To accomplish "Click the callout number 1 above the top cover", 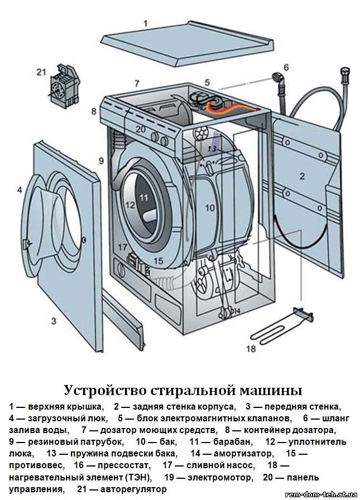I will coord(146,23).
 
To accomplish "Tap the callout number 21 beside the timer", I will coord(41,71).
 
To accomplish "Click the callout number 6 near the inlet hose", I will coord(286,68).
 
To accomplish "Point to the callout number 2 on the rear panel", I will coord(302,176).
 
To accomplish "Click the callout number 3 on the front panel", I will coord(54,321).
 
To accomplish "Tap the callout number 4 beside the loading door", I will coord(19,190).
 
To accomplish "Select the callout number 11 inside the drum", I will coord(144,197).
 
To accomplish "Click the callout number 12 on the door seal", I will coord(129,205).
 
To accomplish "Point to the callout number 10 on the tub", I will coord(209,208).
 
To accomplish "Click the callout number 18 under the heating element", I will coord(251,349).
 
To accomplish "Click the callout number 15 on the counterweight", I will coord(158,261).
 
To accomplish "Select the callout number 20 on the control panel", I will coord(140,129).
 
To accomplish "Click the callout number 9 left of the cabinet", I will coord(101,161).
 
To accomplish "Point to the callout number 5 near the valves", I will coord(207,82).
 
